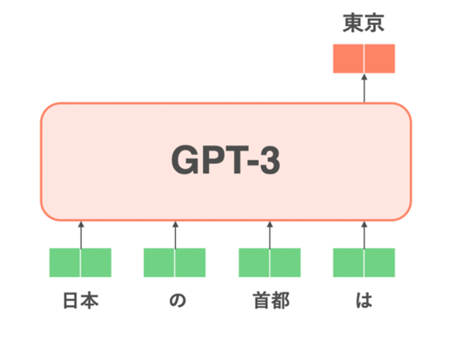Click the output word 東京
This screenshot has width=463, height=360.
point(363,22)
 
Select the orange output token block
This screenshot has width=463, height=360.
point(364,59)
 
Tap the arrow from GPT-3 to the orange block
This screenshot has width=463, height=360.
point(364,88)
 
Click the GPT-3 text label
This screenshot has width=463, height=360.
point(226,160)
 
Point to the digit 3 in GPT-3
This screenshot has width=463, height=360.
point(269,160)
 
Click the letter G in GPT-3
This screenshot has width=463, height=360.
point(185,160)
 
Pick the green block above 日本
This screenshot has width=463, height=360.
point(80,263)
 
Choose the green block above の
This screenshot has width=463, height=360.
point(174,263)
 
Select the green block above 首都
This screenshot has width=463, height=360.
point(269,263)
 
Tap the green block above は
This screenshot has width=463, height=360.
point(364,263)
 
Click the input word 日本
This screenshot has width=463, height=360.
point(81,301)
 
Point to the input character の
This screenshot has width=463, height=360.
point(178,301)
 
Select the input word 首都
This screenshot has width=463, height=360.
point(272,301)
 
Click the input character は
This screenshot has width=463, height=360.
point(364,301)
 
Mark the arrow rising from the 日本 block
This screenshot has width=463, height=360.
point(81,235)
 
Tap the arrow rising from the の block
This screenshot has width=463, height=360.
point(175,235)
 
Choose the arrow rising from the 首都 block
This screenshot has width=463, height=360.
point(269,235)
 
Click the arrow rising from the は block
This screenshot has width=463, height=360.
point(364,235)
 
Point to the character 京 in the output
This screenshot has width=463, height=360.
point(375,22)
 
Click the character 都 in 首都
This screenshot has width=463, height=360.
point(281,301)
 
